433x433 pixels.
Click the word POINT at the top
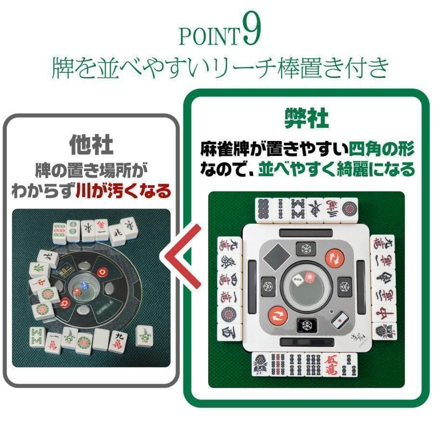[x=209, y=37]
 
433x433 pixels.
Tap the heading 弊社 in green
[x=306, y=117]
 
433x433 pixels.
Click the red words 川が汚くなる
[x=123, y=192]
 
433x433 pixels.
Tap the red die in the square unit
[x=310, y=278]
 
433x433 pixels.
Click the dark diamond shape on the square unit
[x=277, y=258]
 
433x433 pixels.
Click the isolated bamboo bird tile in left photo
[x=144, y=335]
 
